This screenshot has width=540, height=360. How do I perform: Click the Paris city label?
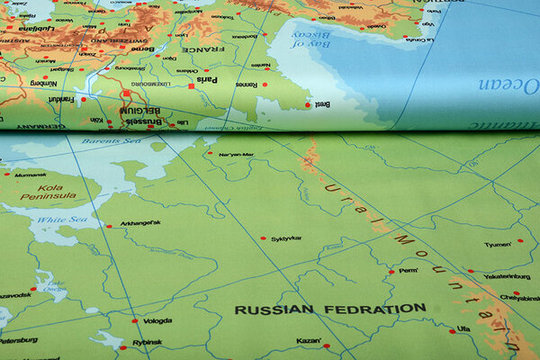click(x=207, y=79)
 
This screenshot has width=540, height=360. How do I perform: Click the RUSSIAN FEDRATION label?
click(x=330, y=309)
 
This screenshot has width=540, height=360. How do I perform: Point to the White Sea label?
click(x=57, y=219)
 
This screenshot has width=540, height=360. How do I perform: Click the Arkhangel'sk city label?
click(x=139, y=223)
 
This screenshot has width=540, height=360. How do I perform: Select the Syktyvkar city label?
click(x=286, y=238)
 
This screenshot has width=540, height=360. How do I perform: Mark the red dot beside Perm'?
click(x=391, y=271)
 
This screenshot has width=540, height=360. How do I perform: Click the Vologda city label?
click(x=157, y=320)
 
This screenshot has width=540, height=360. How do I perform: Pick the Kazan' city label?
click(x=309, y=341)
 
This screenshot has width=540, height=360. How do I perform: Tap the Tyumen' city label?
click(x=497, y=244)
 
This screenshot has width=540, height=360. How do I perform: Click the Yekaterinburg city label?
click(x=507, y=277)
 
